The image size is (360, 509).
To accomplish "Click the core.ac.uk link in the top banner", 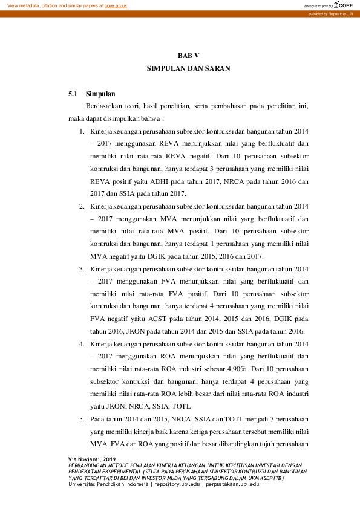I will click(x=117, y=5).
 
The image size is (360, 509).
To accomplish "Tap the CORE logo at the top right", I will click(x=344, y=5).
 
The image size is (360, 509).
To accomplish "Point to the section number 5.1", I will click(x=73, y=94).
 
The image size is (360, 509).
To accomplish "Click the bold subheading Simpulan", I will click(x=100, y=94).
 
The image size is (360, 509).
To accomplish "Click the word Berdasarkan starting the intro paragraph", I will click(x=106, y=106).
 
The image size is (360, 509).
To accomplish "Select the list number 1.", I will click(x=82, y=131).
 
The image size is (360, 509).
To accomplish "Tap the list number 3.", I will click(x=82, y=268).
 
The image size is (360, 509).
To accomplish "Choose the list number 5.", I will click(x=82, y=419).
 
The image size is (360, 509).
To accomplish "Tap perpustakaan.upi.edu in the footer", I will click(x=232, y=484).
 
